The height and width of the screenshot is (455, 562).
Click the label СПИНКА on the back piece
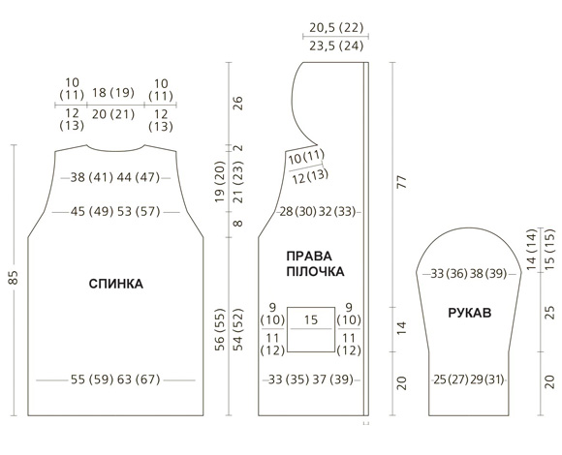coord(115,284)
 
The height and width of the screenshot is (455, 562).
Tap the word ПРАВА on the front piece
coord(309,257)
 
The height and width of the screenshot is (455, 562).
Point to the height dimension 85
coord(13,278)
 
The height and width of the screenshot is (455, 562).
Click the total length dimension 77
coord(402,182)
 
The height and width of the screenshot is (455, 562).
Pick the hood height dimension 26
coord(238,103)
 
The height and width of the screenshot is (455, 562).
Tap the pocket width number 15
coord(311,319)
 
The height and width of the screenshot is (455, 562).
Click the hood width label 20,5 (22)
coord(336,27)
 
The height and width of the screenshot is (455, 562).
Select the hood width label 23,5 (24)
coord(336,45)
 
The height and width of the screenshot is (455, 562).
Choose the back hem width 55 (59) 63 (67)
coord(115,379)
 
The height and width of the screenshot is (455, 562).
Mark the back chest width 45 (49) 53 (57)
coord(115,212)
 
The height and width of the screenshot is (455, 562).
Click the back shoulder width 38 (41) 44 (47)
coord(115,177)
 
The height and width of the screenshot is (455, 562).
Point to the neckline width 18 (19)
coord(113,93)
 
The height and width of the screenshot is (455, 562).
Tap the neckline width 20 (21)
coord(113,114)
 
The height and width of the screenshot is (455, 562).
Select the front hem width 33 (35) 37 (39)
coord(311,379)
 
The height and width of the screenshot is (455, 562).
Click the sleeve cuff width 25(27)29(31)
coord(469,379)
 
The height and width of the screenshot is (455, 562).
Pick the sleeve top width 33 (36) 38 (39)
coord(469,274)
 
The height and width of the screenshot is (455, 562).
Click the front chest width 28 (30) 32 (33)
coord(318,212)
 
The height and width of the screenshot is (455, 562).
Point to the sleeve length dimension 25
coord(549,313)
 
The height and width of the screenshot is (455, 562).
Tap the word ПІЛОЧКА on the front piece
coord(316,272)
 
